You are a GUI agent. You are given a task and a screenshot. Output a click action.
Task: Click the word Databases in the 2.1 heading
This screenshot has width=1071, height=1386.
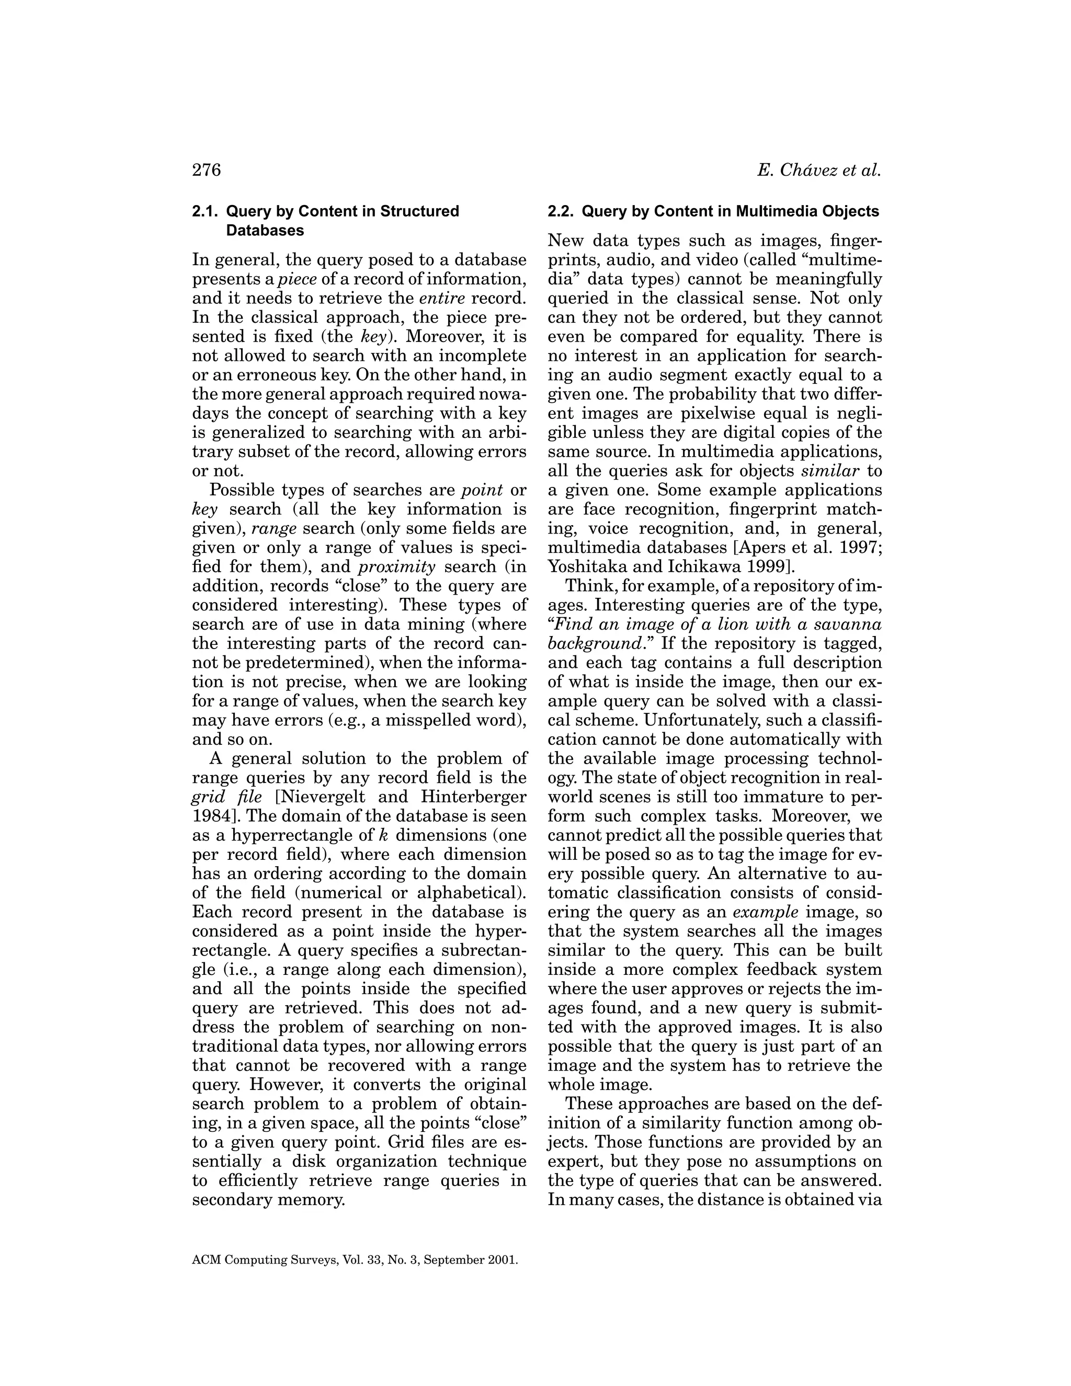pos(265,230)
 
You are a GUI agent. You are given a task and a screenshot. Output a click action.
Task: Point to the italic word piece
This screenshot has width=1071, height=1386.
pos(298,279)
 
